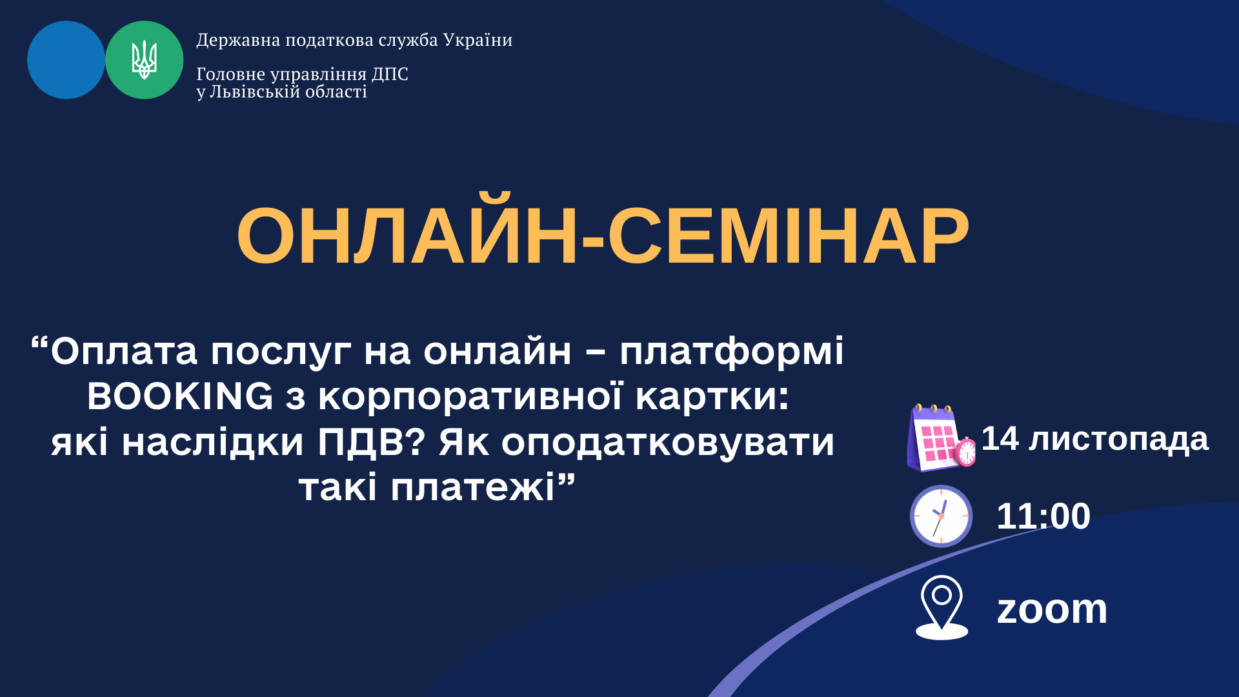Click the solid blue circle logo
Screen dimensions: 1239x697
click(66, 60)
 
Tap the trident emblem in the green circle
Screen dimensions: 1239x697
click(145, 60)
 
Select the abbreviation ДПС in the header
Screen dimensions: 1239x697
click(390, 74)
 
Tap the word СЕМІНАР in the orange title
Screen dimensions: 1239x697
click(789, 236)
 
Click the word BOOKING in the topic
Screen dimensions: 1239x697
click(180, 396)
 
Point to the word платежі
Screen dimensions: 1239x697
click(472, 488)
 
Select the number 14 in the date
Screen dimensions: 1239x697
click(1000, 439)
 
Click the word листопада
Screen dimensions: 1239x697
click(1118, 441)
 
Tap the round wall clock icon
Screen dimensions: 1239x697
click(941, 516)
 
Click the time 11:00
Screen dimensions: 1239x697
click(1043, 516)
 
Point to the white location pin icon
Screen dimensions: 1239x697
click(942, 607)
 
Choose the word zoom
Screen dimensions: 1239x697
click(1052, 609)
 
